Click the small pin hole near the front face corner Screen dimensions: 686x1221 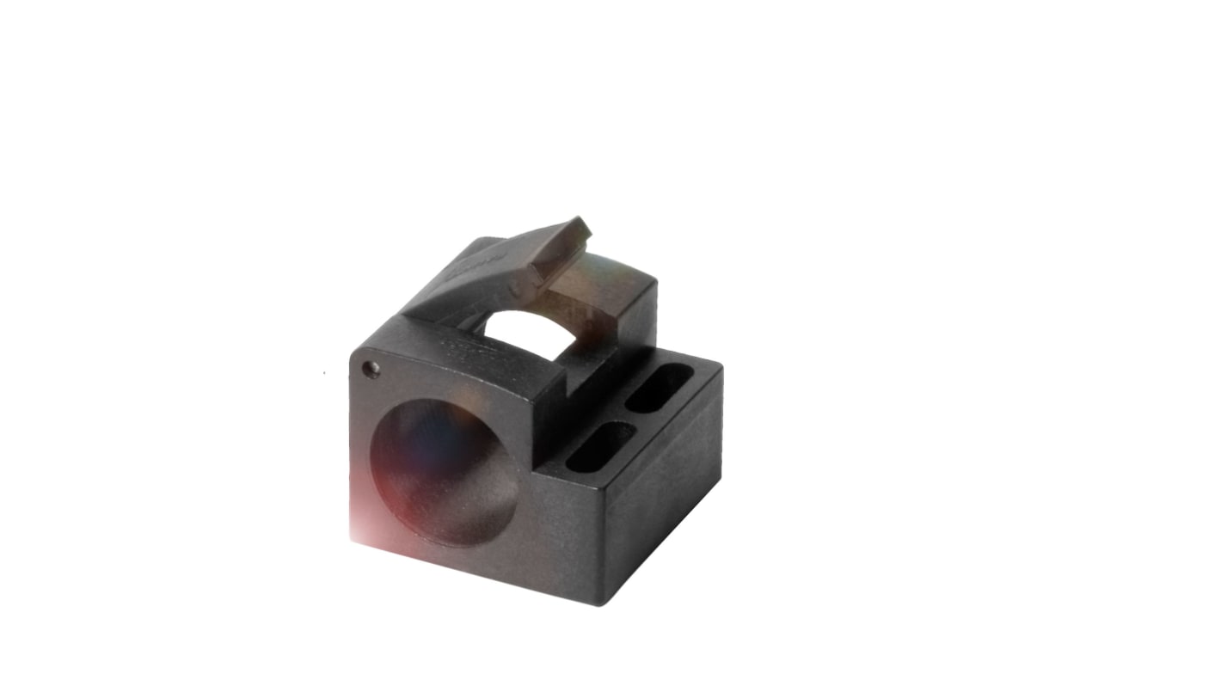coord(371,369)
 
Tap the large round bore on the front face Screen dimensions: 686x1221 coord(445,472)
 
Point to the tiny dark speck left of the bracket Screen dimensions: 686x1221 coord(324,373)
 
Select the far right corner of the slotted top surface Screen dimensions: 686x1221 coord(721,368)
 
